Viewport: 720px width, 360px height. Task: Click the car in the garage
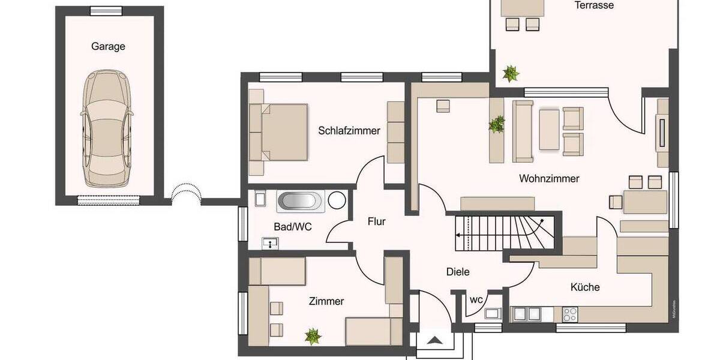click(x=106, y=127)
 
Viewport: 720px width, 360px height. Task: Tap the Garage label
click(x=108, y=46)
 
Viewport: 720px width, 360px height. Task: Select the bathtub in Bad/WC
click(x=301, y=201)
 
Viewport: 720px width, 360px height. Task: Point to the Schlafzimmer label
click(x=349, y=130)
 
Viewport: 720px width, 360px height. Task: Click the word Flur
click(x=376, y=221)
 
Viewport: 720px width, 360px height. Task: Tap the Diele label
click(x=458, y=272)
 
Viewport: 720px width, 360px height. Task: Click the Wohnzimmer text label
click(x=549, y=178)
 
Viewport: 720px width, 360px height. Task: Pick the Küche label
click(x=585, y=287)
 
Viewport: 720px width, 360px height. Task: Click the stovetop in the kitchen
click(x=569, y=313)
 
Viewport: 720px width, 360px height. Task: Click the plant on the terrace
click(x=511, y=74)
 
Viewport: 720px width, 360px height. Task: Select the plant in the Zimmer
click(x=312, y=335)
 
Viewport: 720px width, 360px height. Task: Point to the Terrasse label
click(x=593, y=5)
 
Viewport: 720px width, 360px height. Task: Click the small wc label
click(x=476, y=299)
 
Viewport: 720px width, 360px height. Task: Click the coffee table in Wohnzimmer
click(x=549, y=128)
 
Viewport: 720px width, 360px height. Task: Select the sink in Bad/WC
click(x=271, y=243)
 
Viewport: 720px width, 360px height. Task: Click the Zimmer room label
click(x=326, y=301)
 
